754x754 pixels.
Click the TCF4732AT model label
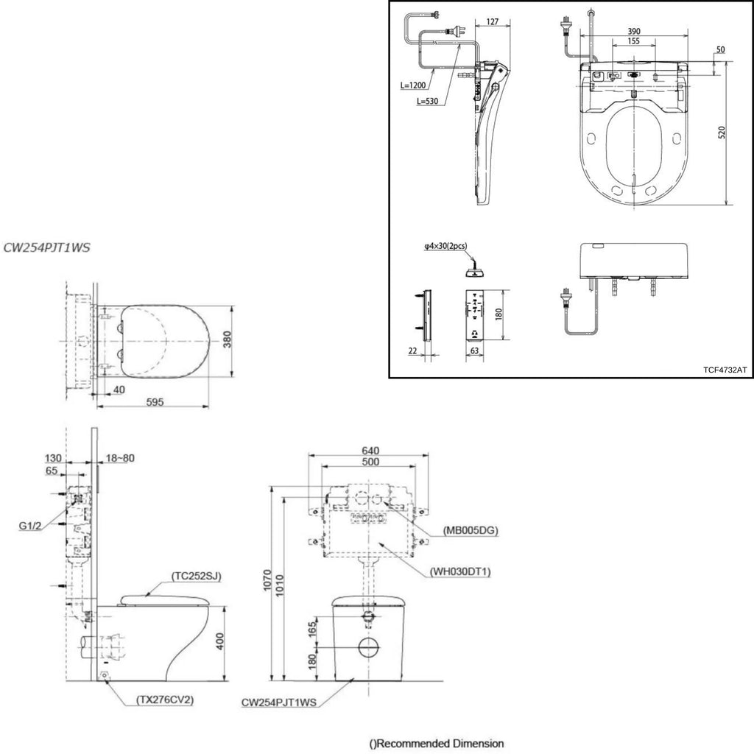click(x=725, y=370)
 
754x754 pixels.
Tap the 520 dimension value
click(x=722, y=133)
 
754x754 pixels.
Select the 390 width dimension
click(x=634, y=31)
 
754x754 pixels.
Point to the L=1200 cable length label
click(x=413, y=85)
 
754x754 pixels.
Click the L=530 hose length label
click(x=428, y=101)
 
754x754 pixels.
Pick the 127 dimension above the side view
click(x=493, y=21)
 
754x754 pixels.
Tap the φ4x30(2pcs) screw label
click(x=445, y=246)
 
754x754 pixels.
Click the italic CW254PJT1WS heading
click(x=46, y=247)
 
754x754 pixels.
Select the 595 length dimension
click(x=155, y=401)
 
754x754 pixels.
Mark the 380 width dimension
click(x=227, y=339)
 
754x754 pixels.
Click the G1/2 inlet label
click(x=29, y=526)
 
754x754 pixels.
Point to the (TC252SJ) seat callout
click(x=197, y=576)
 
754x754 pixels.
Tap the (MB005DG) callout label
click(x=471, y=530)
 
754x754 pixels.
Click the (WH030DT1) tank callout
click(x=460, y=571)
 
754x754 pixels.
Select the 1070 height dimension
click(x=268, y=581)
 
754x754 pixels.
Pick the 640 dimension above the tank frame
click(x=370, y=451)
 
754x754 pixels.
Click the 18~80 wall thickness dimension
click(x=120, y=458)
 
